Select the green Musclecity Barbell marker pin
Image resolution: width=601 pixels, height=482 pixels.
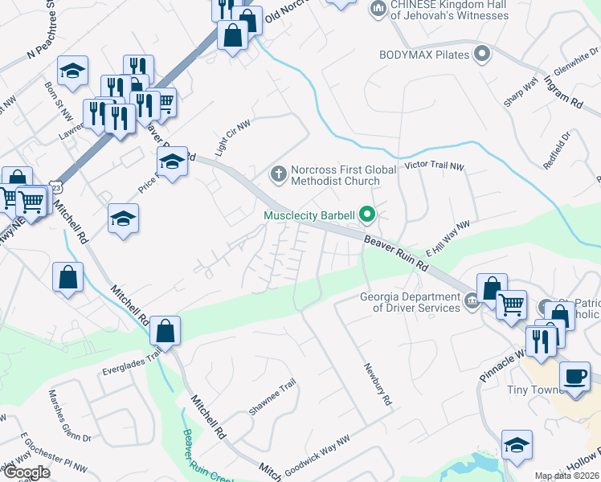tap(367, 214)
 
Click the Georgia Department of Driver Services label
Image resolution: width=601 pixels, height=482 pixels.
tap(410, 301)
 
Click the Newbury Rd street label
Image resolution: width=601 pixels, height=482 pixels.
tap(376, 384)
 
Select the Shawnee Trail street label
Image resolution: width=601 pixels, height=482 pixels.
tap(272, 396)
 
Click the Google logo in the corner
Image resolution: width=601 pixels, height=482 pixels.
tap(26, 472)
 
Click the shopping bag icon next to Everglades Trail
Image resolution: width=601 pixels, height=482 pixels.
tap(165, 330)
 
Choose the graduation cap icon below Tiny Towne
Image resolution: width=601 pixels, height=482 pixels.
tap(517, 444)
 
